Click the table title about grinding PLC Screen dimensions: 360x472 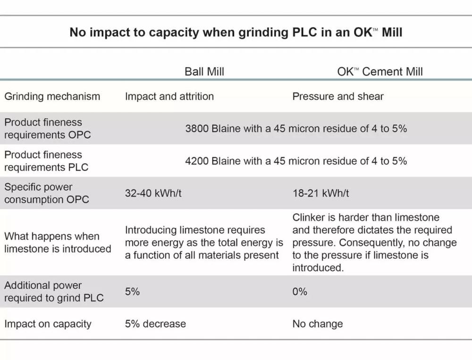pos(236,33)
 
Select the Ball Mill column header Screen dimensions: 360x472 pos(204,72)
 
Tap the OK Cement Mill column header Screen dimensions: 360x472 pos(379,72)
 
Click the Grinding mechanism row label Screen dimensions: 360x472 pos(52,96)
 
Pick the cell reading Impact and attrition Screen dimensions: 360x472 pos(169,96)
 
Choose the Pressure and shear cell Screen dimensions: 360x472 pos(338,96)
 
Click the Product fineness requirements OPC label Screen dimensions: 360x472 pos(48,129)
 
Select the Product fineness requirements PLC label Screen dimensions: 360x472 pos(46,161)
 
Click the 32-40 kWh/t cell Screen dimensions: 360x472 pos(153,193)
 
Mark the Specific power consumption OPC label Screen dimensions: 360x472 pos(46,193)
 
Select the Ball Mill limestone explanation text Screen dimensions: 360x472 pos(203,242)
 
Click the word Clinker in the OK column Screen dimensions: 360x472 pos(308,218)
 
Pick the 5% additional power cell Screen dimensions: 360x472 pos(132,291)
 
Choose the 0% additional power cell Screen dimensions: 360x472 pos(300,291)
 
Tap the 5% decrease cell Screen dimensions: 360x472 pos(155,324)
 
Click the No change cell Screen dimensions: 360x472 pos(317,324)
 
